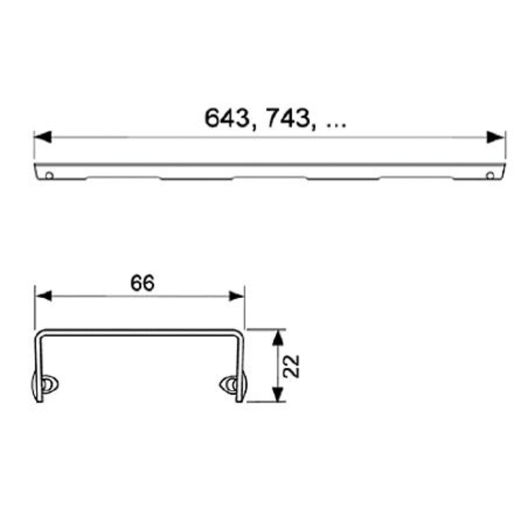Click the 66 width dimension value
click(142, 283)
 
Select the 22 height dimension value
click(292, 366)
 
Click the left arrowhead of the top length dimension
click(43, 137)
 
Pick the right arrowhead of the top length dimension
click(497, 137)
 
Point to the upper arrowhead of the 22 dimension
click(277, 337)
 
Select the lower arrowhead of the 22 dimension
click(277, 394)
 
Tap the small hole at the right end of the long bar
click(491, 175)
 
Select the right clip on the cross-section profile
click(231, 384)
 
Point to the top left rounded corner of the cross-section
click(42, 335)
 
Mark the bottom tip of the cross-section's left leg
click(37, 399)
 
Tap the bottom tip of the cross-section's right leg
click(242, 399)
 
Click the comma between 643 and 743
click(252, 126)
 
